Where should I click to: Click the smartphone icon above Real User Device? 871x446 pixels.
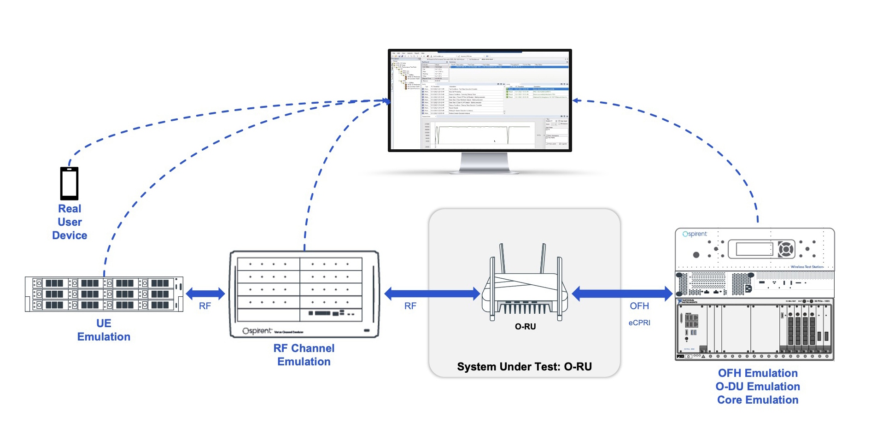click(x=69, y=183)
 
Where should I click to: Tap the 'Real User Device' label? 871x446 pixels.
click(x=70, y=222)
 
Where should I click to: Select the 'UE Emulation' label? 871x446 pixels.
click(x=104, y=330)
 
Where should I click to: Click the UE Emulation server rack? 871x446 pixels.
click(x=104, y=294)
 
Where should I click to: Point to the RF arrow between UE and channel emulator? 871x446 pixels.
click(x=205, y=293)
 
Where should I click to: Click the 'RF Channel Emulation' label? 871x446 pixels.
click(x=304, y=355)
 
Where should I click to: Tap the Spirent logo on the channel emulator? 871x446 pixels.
click(x=257, y=331)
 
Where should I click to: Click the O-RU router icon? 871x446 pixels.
click(x=525, y=286)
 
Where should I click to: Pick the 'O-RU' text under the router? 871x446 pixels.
click(x=525, y=327)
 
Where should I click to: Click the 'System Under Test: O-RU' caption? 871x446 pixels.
click(x=524, y=367)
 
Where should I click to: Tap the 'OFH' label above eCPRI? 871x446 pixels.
click(x=639, y=306)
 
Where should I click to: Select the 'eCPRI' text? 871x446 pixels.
click(x=639, y=323)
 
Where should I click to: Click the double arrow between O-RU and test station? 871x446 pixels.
click(x=622, y=293)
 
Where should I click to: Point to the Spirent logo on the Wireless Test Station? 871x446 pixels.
click(x=695, y=234)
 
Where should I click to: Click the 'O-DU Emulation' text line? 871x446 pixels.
click(x=758, y=387)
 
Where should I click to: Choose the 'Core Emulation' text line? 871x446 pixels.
click(x=758, y=400)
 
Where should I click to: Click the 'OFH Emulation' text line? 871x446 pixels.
click(x=758, y=373)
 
